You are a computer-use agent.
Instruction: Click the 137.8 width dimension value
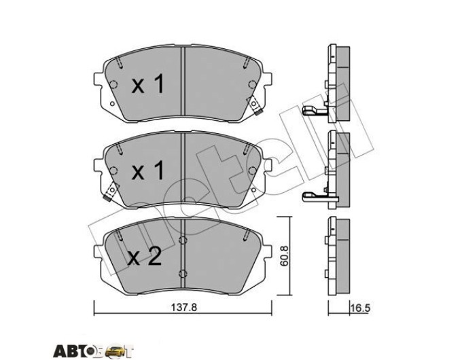click(x=183, y=307)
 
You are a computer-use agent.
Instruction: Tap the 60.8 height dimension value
click(x=284, y=256)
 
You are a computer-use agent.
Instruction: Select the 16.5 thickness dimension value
click(x=360, y=308)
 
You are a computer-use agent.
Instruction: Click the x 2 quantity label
click(x=144, y=256)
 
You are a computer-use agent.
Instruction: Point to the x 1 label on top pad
click(x=147, y=84)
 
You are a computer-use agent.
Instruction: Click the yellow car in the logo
click(x=113, y=351)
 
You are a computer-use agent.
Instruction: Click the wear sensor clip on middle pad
click(x=111, y=192)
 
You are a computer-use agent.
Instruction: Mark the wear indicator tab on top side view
click(x=314, y=111)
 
